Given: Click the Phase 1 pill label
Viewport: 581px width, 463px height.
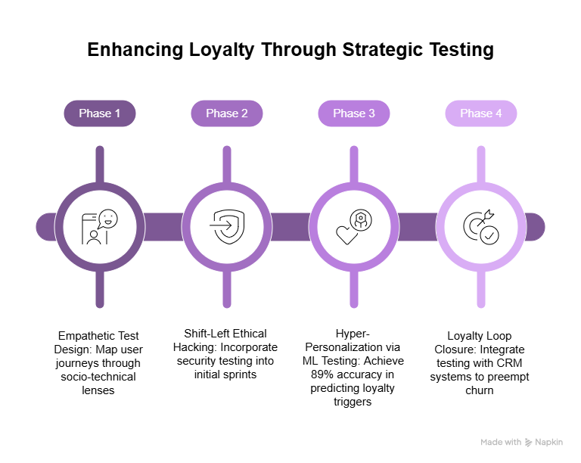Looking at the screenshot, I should coord(100,113).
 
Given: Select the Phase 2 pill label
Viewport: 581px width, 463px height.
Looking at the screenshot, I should coord(227,113).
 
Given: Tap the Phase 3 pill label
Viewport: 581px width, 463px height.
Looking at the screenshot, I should coord(354,113).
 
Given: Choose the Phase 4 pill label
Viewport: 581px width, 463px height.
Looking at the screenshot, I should coord(481,113).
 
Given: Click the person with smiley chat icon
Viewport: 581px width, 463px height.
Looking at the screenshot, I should coord(100,226).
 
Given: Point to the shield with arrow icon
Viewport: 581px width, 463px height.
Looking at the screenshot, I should coord(227,226).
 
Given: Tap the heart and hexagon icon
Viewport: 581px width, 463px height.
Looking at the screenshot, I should coord(354,226).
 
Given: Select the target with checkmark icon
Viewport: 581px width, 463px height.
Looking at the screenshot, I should coord(481,226).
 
